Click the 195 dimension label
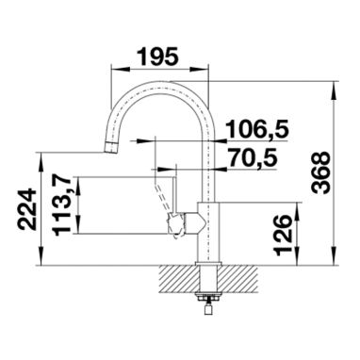[x=158, y=57]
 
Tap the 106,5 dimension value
[x=257, y=129]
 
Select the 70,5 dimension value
[x=254, y=157]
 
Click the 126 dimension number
[x=283, y=236]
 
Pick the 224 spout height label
[x=26, y=209]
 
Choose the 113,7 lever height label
[x=63, y=205]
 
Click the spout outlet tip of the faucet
[x=110, y=147]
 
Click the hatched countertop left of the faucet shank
[x=178, y=279]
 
